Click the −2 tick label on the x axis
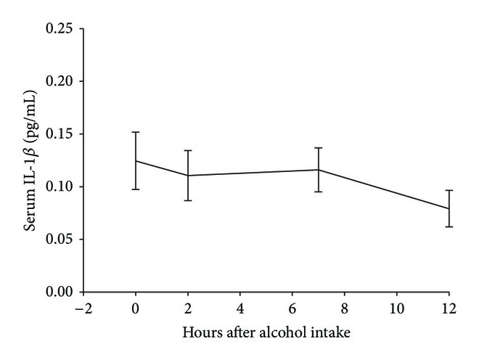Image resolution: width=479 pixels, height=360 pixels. tap(82, 307)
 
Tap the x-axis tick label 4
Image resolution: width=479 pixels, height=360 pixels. tap(240, 307)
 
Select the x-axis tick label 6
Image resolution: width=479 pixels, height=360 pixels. tap(292, 307)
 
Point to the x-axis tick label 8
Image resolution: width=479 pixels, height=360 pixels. tap(345, 307)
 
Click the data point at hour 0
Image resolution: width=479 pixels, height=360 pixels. tap(136, 160)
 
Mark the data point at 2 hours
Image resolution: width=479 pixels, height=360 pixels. tap(188, 175)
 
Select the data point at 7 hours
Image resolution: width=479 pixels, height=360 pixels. tap(319, 170)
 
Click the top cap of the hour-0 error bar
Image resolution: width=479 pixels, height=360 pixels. tap(136, 132)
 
